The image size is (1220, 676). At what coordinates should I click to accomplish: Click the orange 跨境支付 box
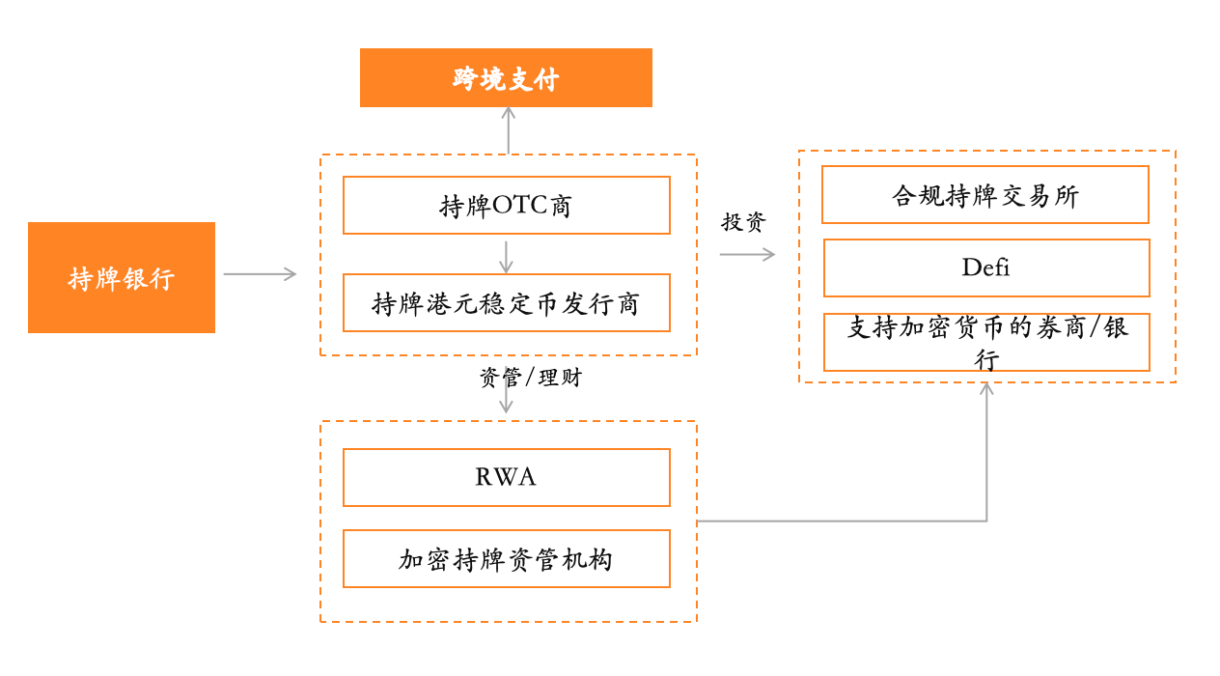[506, 78]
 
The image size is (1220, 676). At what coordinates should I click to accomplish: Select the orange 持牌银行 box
[122, 278]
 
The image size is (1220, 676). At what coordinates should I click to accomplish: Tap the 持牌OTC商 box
[506, 206]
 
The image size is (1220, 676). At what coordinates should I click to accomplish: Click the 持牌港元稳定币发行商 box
[506, 303]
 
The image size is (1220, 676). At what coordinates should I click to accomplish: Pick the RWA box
[506, 477]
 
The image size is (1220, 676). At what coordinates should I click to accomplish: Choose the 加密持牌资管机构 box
[506, 559]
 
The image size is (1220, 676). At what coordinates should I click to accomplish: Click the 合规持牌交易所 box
[984, 195]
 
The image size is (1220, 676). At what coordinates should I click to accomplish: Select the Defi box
[985, 268]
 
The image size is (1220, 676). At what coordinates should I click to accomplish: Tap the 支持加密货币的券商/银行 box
[985, 342]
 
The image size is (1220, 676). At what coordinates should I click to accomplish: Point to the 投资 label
[743, 222]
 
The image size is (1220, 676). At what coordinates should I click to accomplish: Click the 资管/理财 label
[531, 378]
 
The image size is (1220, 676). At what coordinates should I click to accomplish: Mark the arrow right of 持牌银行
[261, 274]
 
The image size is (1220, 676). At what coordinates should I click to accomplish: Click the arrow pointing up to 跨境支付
[508, 129]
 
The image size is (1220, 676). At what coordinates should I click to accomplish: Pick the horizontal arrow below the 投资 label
[747, 254]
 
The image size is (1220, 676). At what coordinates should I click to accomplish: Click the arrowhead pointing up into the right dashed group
[986, 388]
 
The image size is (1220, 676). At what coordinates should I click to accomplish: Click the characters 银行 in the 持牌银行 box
[148, 278]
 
